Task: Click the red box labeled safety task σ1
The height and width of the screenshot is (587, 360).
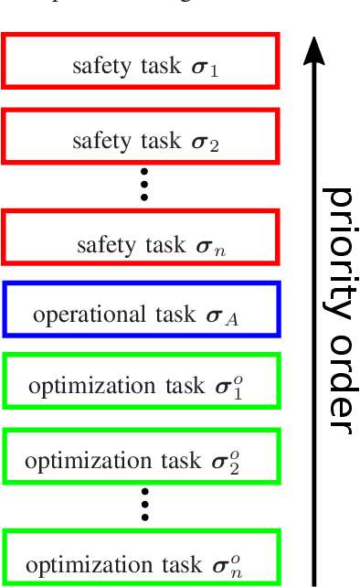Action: [141, 62]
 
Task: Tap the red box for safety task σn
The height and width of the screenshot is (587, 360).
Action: [141, 237]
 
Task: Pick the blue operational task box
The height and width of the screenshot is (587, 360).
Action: [141, 309]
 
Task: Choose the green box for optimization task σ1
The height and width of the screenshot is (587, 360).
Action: [141, 380]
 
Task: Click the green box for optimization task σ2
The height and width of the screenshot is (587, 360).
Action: [141, 456]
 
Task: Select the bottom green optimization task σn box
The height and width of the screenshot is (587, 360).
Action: [141, 557]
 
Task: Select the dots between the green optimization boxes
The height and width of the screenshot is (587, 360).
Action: [143, 506]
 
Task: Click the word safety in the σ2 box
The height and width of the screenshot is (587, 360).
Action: [96, 142]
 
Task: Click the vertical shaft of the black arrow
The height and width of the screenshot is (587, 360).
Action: [314, 320]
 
